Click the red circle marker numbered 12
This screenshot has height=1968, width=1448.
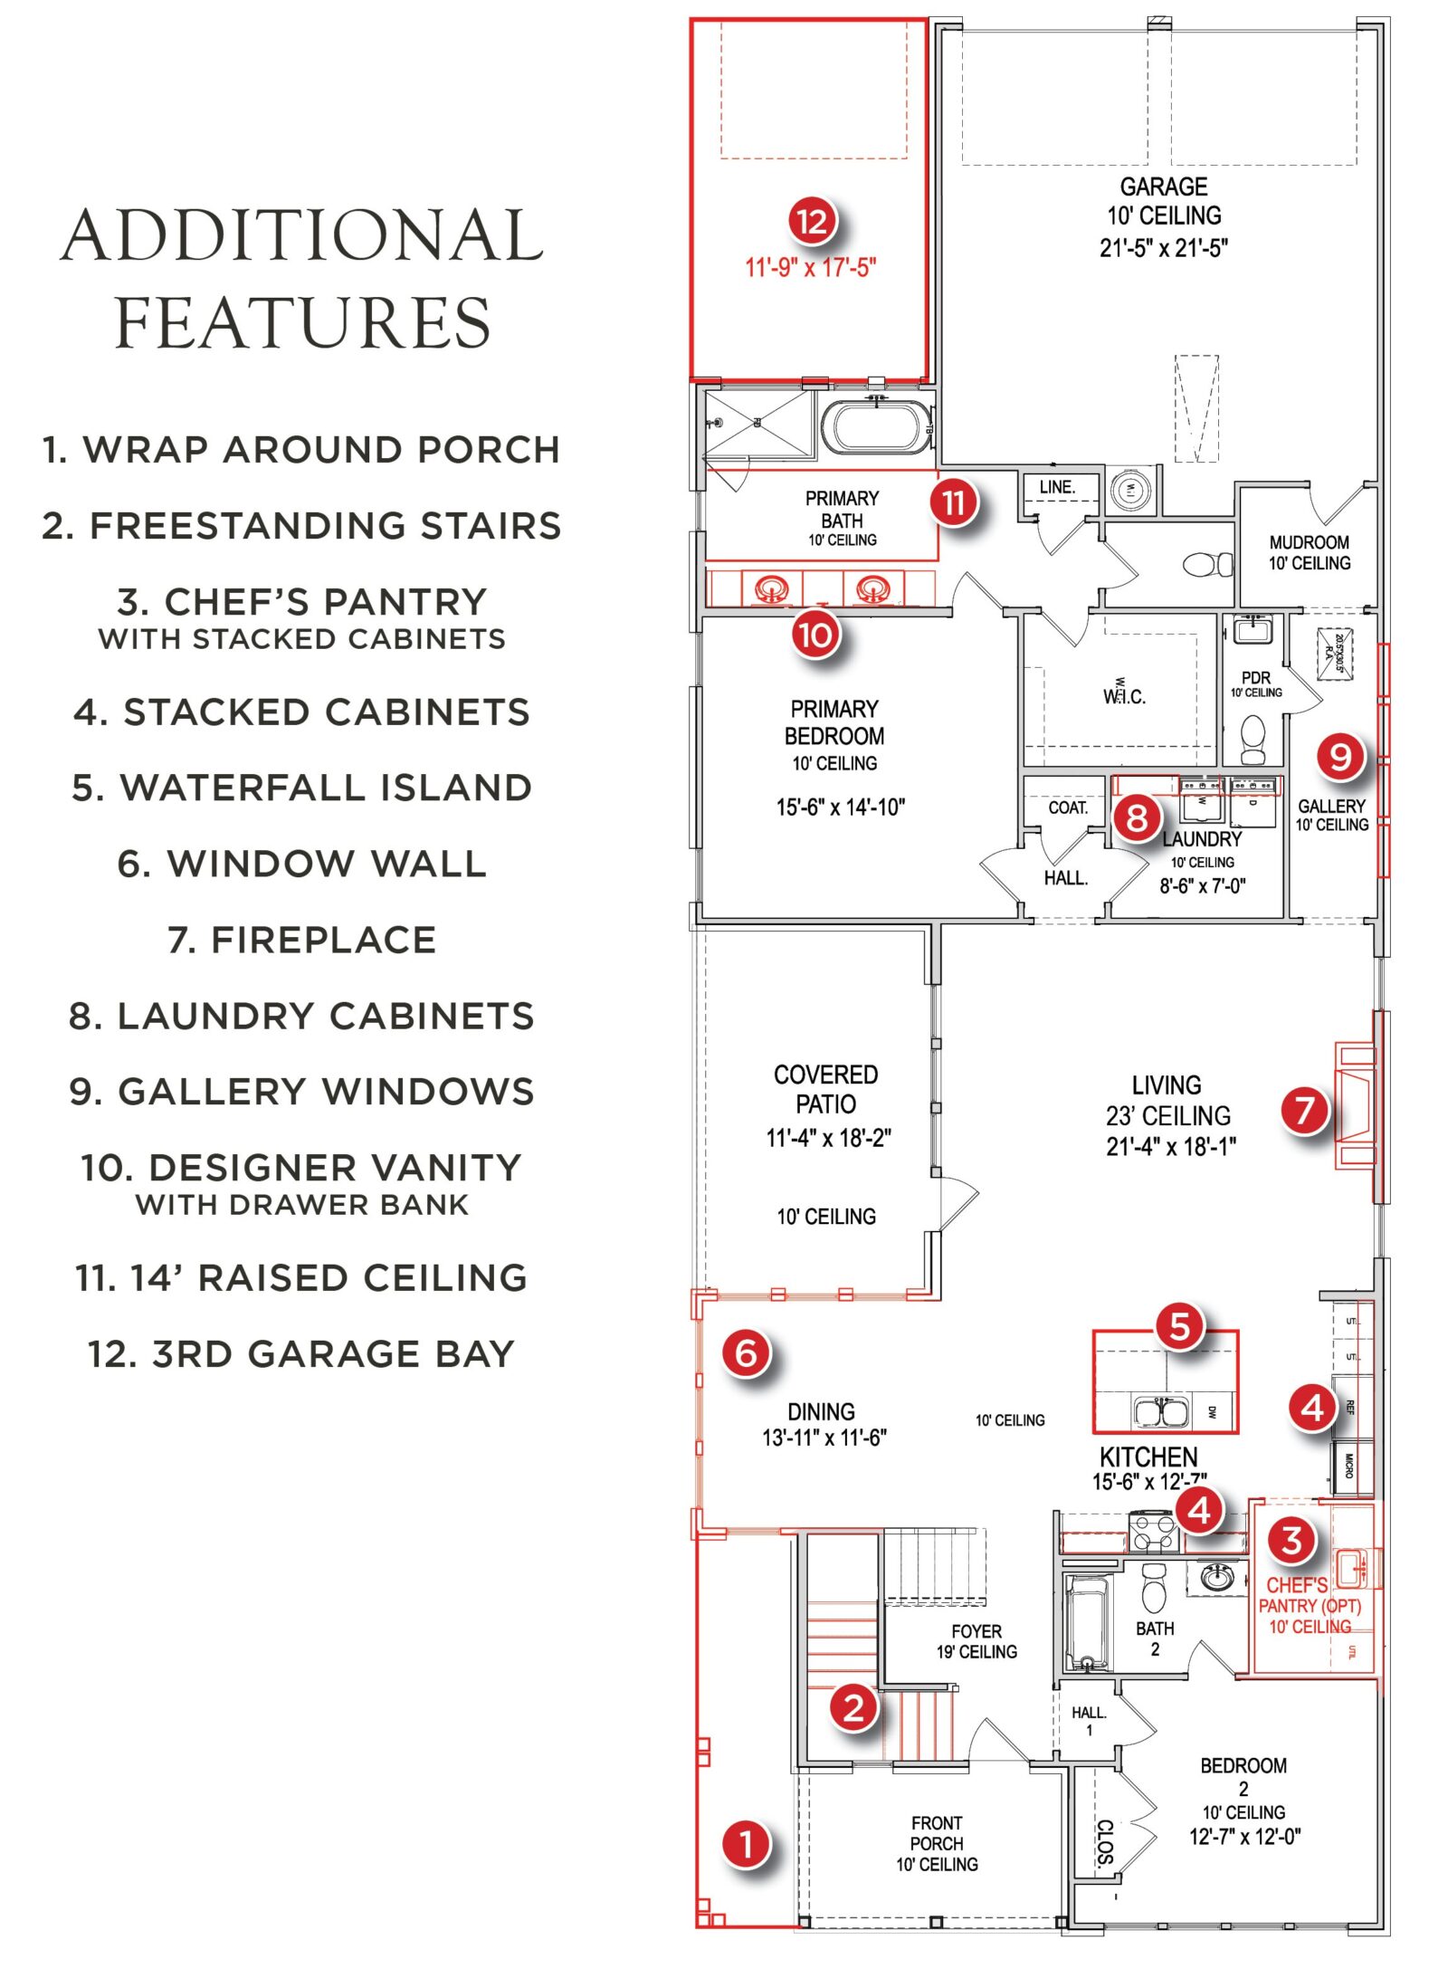812,221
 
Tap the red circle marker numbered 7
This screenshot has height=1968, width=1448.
1304,1110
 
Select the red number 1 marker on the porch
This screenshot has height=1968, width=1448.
747,1844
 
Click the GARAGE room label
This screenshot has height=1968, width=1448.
1164,187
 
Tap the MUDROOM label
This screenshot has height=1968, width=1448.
1309,543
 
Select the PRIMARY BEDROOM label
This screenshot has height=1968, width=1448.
834,722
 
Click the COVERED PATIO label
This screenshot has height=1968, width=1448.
826,1089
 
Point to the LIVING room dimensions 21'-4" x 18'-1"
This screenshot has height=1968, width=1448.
1170,1147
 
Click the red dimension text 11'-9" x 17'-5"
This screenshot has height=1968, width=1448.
811,268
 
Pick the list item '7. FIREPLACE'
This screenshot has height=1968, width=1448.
302,940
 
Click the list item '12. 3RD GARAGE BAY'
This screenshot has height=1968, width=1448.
301,1354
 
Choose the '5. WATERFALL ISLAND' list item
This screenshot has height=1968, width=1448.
302,788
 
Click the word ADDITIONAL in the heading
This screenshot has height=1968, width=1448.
302,235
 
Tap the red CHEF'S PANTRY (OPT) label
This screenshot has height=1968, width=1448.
1309,1606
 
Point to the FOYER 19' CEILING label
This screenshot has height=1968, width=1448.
976,1641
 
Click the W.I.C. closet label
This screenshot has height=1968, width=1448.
1124,696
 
